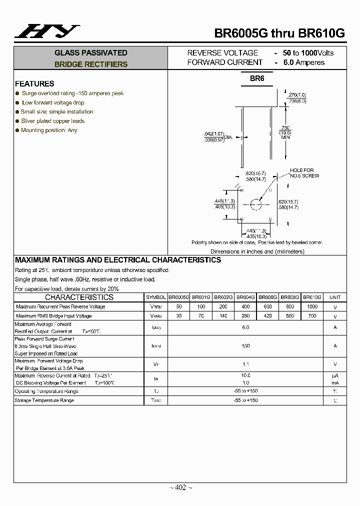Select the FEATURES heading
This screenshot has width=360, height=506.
pos(34,83)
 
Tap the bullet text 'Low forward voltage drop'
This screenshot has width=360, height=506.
pos(53,102)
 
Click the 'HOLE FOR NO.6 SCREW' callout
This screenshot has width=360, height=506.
pos(304,173)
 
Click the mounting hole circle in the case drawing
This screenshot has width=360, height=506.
pos(256,204)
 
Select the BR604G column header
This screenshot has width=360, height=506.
pos(245,297)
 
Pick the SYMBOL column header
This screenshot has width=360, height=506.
pos(156,297)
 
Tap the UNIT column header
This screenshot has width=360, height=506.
pos(335,297)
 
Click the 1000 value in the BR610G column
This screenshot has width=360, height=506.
pos(312,306)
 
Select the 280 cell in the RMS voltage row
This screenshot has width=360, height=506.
pos(245,316)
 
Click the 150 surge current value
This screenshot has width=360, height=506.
pos(245,346)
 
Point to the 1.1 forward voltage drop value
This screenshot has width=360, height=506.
pos(245,364)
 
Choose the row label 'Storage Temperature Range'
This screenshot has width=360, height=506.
pos(44,400)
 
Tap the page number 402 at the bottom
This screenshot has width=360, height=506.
pos(180,487)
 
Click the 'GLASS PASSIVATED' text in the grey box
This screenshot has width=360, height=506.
pos(91,53)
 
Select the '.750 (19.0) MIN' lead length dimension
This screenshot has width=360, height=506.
pos(285,132)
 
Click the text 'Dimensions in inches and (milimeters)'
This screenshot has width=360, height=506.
pos(257,251)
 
